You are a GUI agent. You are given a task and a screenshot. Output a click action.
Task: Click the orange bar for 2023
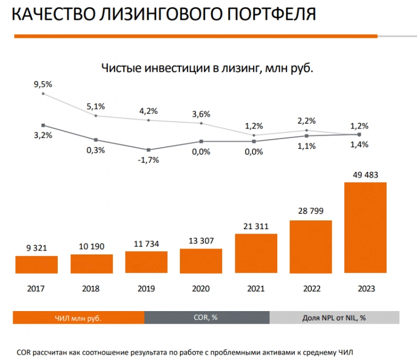coord(365,228)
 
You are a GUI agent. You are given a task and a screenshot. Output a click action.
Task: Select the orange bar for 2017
coord(36,264)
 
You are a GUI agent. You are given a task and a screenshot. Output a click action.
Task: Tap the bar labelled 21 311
coord(256,253)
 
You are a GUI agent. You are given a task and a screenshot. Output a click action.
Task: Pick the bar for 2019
coord(146,262)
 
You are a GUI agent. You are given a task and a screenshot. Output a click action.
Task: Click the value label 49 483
coord(365,175)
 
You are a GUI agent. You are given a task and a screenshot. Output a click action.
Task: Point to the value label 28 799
coord(311,211)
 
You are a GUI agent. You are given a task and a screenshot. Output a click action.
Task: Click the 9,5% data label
coord(43,84)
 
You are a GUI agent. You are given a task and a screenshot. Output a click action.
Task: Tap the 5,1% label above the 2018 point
coord(96,106)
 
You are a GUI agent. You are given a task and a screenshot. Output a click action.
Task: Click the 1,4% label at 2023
coord(359,145)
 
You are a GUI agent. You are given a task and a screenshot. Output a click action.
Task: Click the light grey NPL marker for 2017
coord(43,93)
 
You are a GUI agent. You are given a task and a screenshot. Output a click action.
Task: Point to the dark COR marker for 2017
coord(43,125)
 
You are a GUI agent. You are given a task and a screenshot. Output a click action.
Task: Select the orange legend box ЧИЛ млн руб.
coord(79,317)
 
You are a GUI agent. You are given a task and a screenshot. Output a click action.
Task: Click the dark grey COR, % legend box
coord(207,317)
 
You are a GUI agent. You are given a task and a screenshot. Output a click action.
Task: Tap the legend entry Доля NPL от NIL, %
coord(334,317)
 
